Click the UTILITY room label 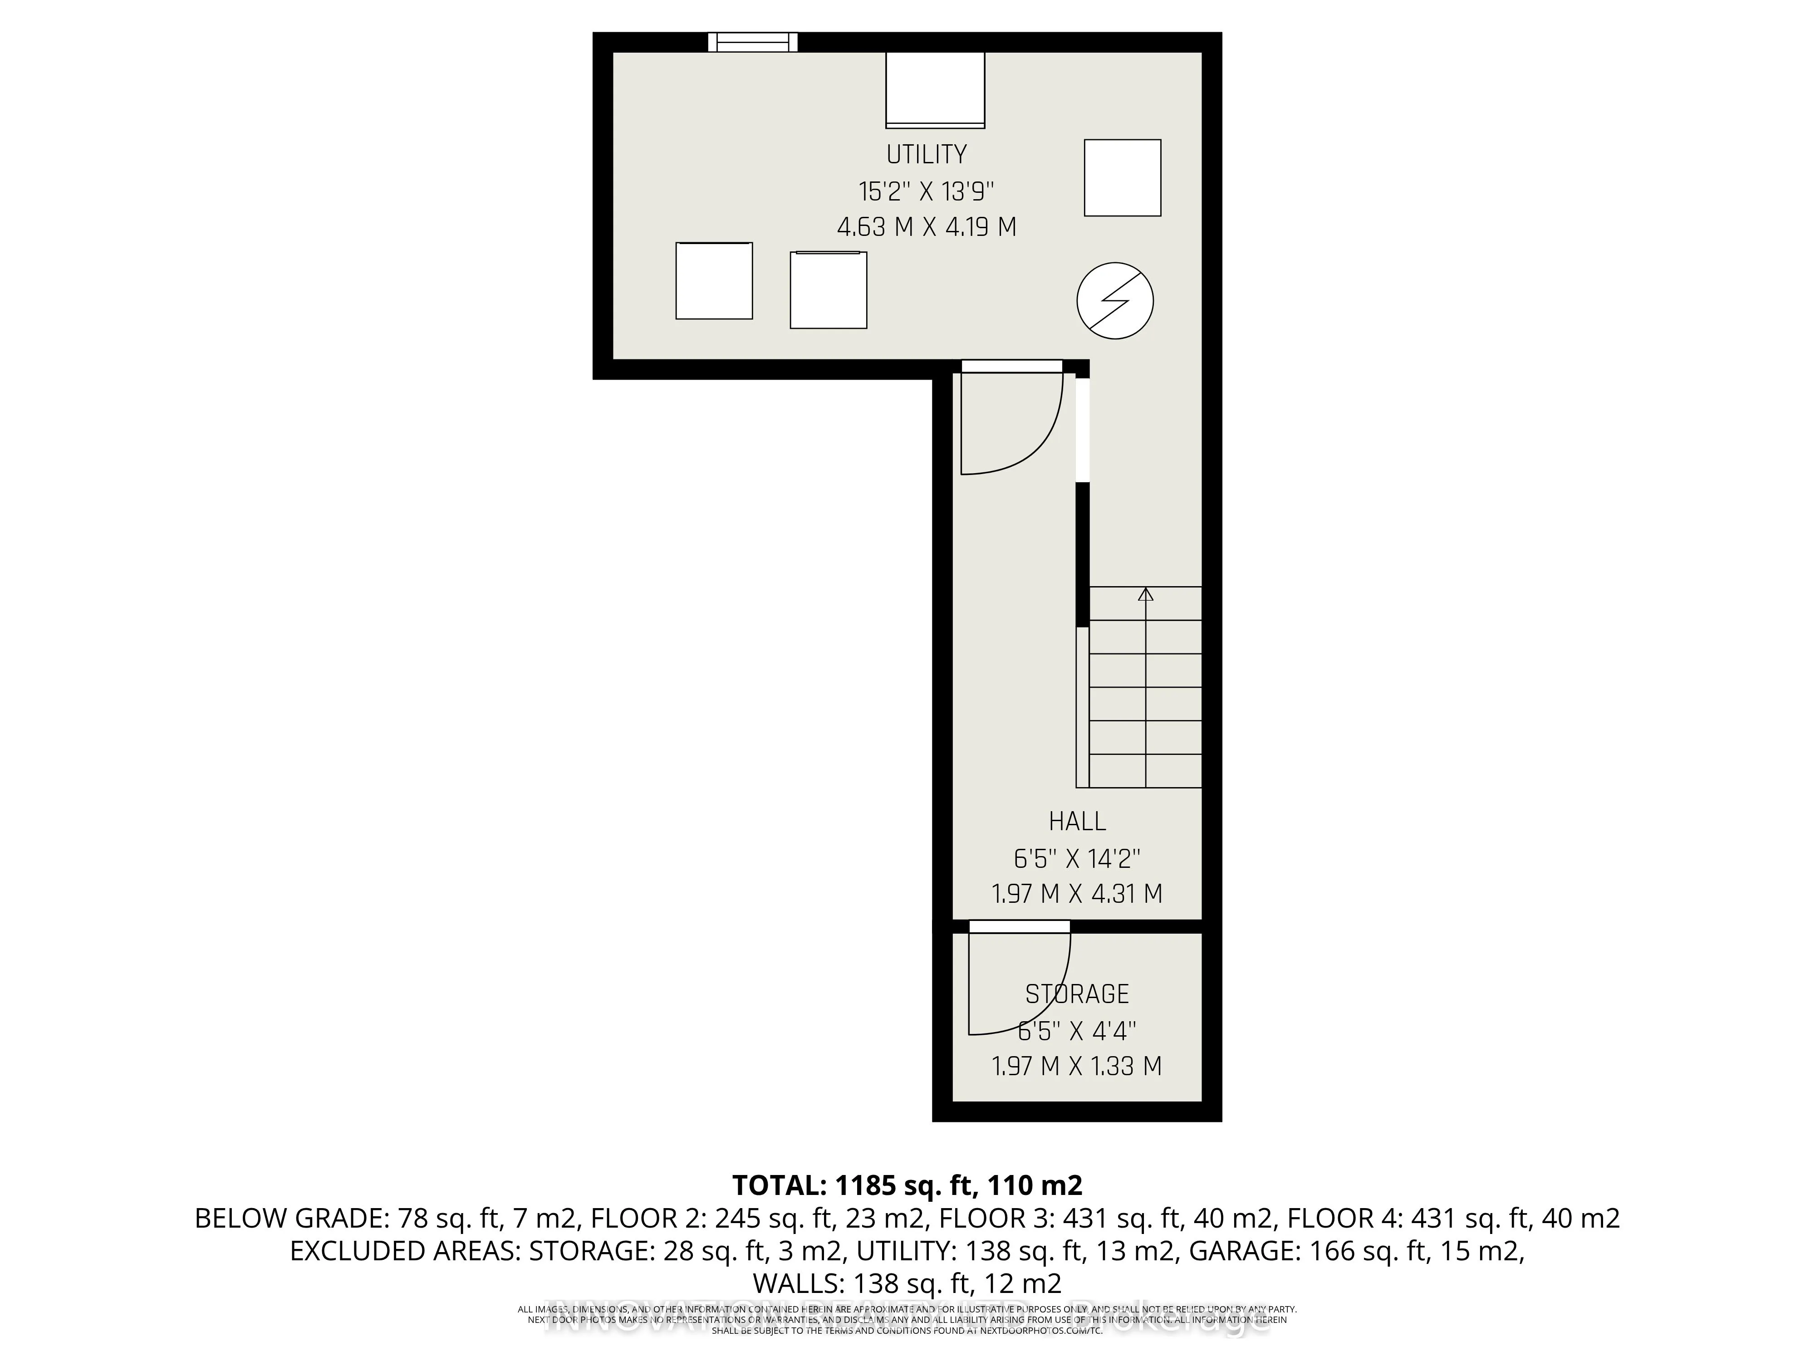[927, 154]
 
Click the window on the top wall [752, 42]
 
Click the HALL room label [1077, 821]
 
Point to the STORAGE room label [1077, 994]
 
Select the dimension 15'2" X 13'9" [927, 192]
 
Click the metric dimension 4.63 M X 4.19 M [927, 227]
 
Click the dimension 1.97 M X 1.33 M [1077, 1067]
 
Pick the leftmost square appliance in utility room [714, 280]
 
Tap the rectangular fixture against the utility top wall [935, 90]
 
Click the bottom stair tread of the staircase [1145, 771]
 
